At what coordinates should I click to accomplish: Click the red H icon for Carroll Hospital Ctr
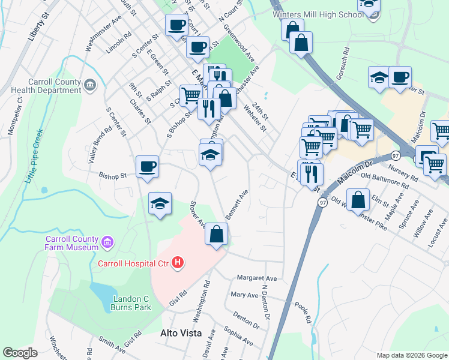coord(177,263)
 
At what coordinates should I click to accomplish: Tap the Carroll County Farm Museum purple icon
coord(107,243)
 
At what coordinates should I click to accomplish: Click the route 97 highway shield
coord(322,202)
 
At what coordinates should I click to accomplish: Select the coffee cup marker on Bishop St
coord(147,167)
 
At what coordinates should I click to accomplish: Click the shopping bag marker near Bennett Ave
coord(217,234)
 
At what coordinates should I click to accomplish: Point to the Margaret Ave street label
coord(256,278)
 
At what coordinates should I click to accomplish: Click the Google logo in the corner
coord(20,353)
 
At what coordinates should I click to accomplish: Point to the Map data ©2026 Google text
coord(411,355)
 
